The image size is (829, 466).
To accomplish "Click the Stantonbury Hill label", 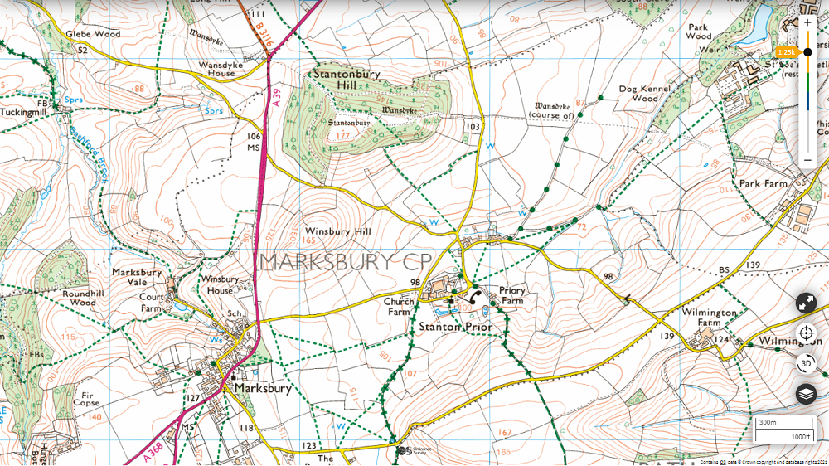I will click(x=347, y=80).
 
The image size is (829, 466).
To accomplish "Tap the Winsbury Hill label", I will click(x=338, y=231).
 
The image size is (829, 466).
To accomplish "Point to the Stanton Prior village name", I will click(x=455, y=327).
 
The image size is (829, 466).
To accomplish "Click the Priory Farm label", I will click(x=511, y=296).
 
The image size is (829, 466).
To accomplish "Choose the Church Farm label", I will click(x=399, y=307).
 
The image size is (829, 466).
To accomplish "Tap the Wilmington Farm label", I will click(x=709, y=318).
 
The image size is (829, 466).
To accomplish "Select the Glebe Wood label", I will click(x=95, y=34).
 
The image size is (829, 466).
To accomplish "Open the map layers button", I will click(x=806, y=394).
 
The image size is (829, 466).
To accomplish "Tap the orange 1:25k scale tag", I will click(x=786, y=52).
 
